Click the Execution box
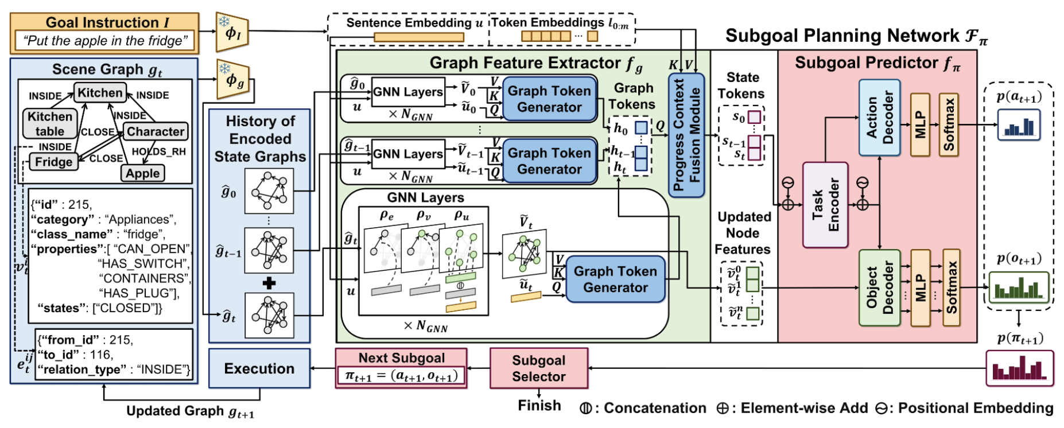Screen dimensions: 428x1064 (259, 368)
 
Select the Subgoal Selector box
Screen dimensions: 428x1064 (538, 368)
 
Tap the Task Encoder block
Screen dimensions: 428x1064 (825, 205)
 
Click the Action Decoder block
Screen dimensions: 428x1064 (879, 118)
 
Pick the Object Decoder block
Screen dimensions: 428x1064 (879, 289)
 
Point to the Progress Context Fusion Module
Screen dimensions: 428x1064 (686, 135)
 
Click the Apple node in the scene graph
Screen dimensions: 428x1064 (143, 173)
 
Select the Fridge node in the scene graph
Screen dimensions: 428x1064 (53, 162)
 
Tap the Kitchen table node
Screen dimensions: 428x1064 (50, 123)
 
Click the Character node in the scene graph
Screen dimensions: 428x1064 (156, 131)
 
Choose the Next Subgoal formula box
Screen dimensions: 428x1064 (401, 376)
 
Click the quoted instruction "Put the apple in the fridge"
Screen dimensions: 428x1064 (105, 41)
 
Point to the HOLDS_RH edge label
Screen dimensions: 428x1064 (159, 151)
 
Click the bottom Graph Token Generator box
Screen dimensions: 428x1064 (615, 279)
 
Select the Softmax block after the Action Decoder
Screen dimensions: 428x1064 (949, 124)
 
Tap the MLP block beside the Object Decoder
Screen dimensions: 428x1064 (921, 289)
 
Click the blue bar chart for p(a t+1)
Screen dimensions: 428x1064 (1019, 126)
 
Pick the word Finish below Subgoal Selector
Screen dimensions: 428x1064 (539, 405)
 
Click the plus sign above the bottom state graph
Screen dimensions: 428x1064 (269, 283)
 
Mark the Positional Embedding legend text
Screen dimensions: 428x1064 (975, 408)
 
